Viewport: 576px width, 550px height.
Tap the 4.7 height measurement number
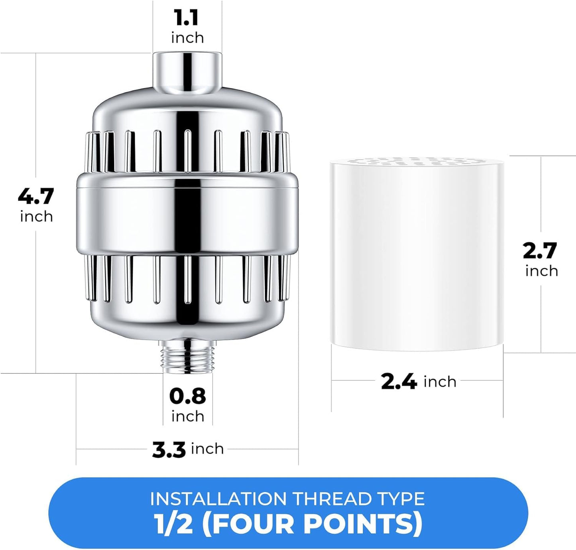36,196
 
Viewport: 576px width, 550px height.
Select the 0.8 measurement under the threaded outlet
187,396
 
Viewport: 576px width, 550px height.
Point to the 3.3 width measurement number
169,449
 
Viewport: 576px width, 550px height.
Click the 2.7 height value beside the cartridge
540,251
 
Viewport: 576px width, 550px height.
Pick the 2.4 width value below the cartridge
399,382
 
